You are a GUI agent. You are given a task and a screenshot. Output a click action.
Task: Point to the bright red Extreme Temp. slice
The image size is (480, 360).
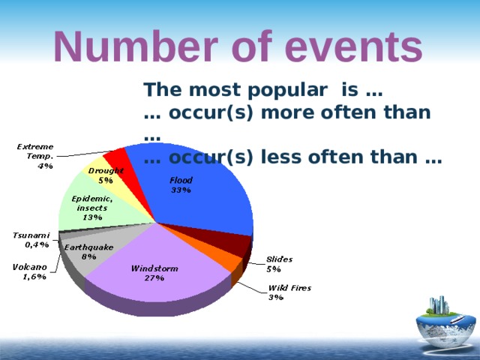[x=116, y=158]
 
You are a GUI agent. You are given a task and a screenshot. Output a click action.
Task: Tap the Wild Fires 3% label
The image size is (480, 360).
[x=289, y=292]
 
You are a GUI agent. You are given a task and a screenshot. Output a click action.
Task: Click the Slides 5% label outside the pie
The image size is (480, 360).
[x=279, y=263]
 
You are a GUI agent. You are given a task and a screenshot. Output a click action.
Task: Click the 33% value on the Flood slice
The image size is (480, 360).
[x=181, y=190]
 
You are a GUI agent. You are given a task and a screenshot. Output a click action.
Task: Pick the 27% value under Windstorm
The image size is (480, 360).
[x=154, y=277]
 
